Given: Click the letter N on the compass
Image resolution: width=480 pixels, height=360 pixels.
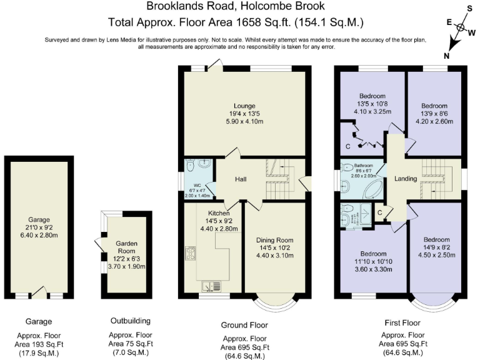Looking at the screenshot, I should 446,56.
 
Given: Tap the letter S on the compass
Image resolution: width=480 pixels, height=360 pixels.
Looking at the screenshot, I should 471,9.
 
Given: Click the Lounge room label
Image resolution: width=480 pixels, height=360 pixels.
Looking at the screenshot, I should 244,105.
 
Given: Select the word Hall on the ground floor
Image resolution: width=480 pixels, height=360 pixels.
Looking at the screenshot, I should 241,180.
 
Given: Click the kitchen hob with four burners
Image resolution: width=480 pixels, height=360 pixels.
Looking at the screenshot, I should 190,254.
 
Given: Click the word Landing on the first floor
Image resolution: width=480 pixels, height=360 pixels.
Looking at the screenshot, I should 406,179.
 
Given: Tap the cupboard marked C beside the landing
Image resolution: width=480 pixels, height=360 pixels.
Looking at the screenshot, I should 379,212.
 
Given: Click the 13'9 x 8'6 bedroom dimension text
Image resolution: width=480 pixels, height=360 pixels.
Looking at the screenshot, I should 434,114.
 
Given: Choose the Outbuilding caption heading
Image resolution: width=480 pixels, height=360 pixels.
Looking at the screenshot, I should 130,321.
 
